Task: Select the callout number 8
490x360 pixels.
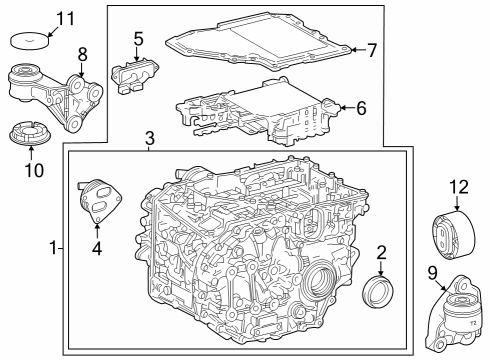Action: pos(82,53)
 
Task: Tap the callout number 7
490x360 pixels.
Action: pos(371,49)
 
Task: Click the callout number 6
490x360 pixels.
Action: pos(361,107)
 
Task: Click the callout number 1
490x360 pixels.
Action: pos(53,246)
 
